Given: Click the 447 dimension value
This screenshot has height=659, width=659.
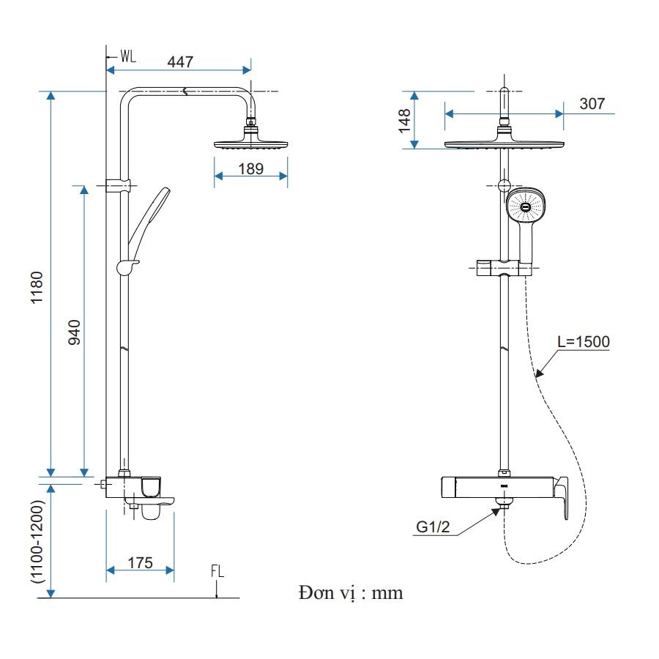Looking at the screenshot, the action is (180, 62).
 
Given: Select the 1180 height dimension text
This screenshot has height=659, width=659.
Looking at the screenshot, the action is (37, 288).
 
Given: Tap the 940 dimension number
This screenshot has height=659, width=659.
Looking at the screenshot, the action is (75, 332).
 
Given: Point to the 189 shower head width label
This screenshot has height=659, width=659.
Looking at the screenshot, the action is (251, 168).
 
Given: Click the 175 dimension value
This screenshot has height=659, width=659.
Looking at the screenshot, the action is (140, 563).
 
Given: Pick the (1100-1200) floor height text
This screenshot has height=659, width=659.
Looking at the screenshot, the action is (37, 541).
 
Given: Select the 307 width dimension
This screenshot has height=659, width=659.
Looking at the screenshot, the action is (592, 103).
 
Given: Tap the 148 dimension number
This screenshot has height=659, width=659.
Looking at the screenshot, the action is (404, 121).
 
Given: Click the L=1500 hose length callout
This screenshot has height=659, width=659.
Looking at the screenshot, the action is (584, 342).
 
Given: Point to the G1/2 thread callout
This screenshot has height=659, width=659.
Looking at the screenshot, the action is (433, 526).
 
